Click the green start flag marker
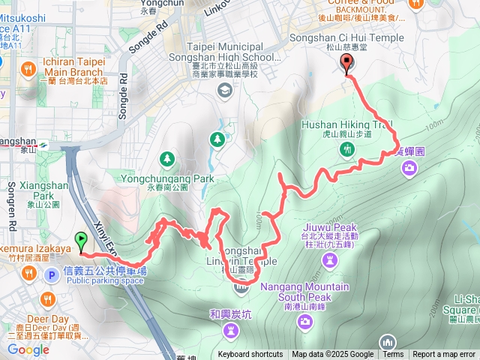pos(81,241)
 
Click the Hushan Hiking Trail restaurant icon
pos(346,149)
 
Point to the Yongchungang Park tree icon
pos(167,159)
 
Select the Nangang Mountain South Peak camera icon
pos(304,321)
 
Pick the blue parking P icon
pos(52,275)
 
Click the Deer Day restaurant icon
pos(49,299)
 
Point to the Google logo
pos(28,349)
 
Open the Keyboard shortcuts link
pos(250,355)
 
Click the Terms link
pos(393,355)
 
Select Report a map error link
pos(444,355)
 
